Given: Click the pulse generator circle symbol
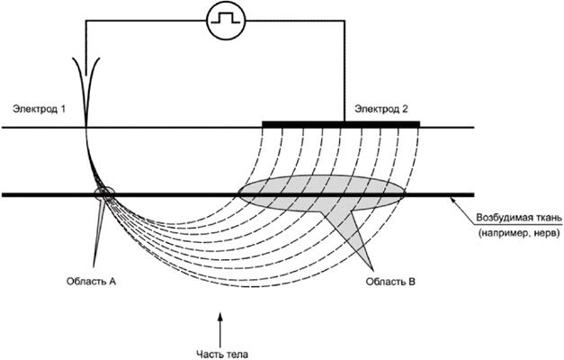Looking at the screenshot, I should click(x=219, y=21).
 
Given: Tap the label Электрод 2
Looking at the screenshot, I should click(x=381, y=109).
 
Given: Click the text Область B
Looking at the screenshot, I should click(x=389, y=282).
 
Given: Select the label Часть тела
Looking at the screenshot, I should click(x=219, y=352).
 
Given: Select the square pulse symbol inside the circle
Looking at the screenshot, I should click(x=219, y=20).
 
